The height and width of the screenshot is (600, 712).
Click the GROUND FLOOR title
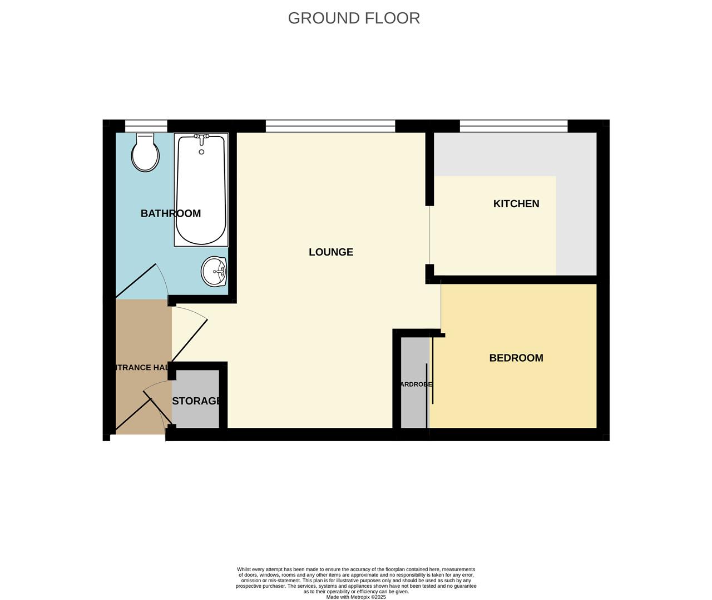pyautogui.click(x=354, y=18)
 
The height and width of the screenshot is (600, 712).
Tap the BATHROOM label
pyautogui.click(x=170, y=213)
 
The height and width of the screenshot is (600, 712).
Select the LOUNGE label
pyautogui.click(x=331, y=252)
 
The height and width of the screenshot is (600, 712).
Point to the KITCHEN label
pyautogui.click(x=516, y=204)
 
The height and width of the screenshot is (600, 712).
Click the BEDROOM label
pyautogui.click(x=516, y=358)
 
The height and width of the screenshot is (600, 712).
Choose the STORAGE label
pyautogui.click(x=197, y=401)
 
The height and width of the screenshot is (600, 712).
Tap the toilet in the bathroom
pyautogui.click(x=145, y=153)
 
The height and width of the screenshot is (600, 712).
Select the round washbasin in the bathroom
pyautogui.click(x=214, y=271)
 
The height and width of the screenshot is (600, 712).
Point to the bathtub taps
pyautogui.click(x=201, y=137)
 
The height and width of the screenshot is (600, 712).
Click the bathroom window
pyautogui.click(x=146, y=126)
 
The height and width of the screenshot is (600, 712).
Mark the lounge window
pyautogui.click(x=330, y=126)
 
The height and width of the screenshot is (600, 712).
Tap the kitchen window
pyautogui.click(x=513, y=126)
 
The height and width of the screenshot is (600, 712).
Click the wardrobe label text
pyautogui.click(x=415, y=384)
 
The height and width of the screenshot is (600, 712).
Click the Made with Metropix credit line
pyautogui.click(x=356, y=597)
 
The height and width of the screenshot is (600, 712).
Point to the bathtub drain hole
pyautogui.click(x=201, y=152)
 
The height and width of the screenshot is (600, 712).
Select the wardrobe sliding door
pyautogui.click(x=429, y=383)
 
